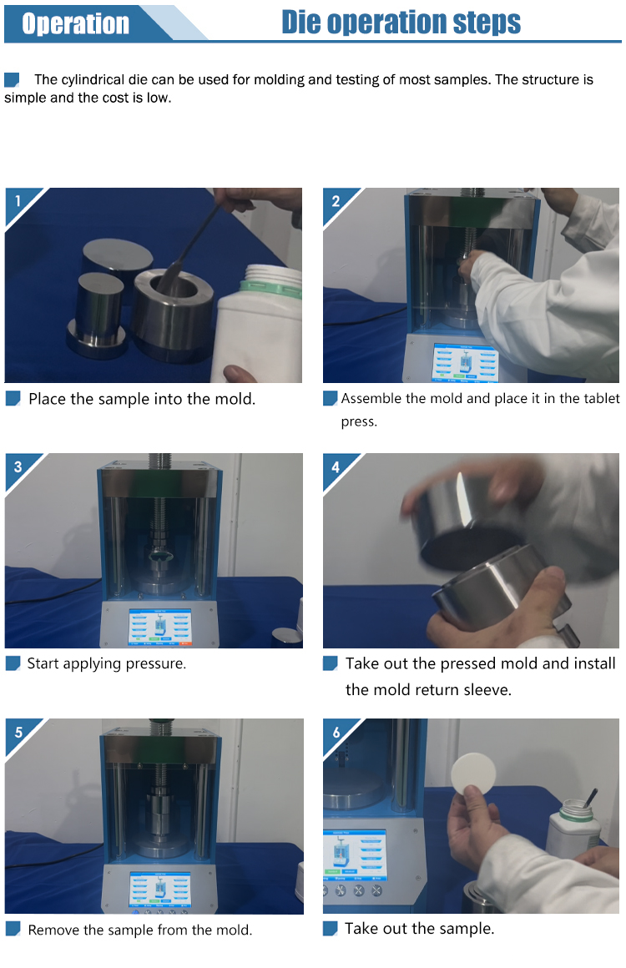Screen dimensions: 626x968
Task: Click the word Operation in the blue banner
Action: (x=75, y=23)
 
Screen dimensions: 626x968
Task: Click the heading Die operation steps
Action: (x=401, y=23)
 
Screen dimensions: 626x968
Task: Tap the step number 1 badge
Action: (x=18, y=200)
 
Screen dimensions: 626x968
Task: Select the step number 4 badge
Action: (x=336, y=466)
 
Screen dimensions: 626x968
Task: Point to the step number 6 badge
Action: (x=336, y=732)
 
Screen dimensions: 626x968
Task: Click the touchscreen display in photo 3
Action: (x=160, y=627)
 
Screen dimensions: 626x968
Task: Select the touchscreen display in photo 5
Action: (x=159, y=890)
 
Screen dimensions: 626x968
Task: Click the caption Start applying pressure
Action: (x=106, y=663)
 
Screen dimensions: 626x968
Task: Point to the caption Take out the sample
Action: (x=419, y=929)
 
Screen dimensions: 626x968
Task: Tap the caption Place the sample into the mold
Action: (x=142, y=399)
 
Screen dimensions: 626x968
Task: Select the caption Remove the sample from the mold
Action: (x=140, y=930)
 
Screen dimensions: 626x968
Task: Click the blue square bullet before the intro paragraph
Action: (x=12, y=79)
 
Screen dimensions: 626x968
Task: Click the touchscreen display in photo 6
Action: (x=355, y=855)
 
